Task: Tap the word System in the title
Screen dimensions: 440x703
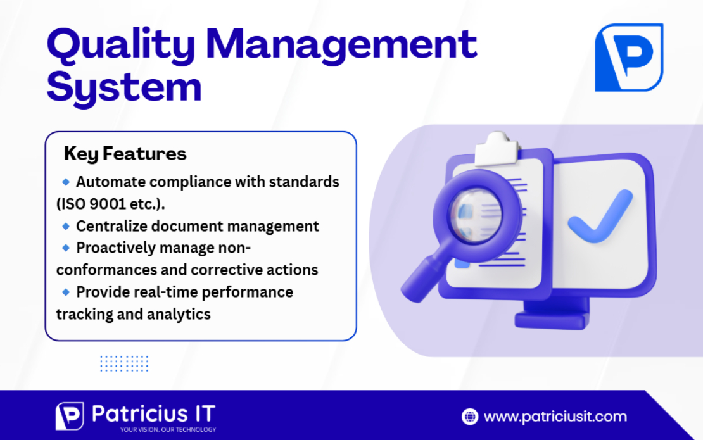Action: coord(124,87)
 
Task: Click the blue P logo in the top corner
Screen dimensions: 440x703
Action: coord(628,58)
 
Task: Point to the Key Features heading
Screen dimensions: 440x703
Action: coord(125,154)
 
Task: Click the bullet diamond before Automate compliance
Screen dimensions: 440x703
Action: coord(65,182)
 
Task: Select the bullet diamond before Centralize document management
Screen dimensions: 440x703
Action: coord(65,225)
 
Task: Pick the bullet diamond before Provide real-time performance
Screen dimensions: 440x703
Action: coord(65,292)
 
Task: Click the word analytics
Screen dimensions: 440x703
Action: coord(179,314)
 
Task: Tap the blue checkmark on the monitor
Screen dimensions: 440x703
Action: coord(599,218)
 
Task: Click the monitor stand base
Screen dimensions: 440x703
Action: coord(552,319)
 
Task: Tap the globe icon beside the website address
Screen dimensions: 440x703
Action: coord(470,417)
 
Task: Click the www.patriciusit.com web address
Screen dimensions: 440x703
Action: coord(555,417)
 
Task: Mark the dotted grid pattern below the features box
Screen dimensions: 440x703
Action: coord(124,363)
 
